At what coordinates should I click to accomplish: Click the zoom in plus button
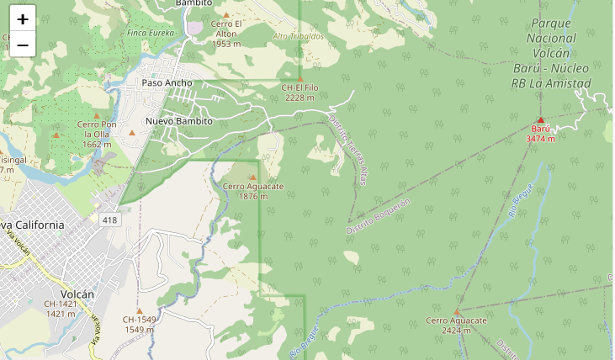[23, 19]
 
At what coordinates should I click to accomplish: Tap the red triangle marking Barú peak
[540, 119]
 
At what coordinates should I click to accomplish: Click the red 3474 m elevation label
[540, 138]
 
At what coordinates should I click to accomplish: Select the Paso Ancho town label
[167, 82]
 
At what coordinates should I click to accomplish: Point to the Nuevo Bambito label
[178, 121]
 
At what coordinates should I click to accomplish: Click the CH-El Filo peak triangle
[300, 78]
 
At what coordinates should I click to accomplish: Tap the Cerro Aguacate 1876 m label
[253, 191]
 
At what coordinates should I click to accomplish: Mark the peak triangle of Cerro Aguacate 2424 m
[457, 311]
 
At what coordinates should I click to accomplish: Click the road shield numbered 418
[109, 220]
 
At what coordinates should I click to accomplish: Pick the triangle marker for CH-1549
[140, 310]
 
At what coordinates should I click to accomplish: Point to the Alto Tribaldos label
[298, 36]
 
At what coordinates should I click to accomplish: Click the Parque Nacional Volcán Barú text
[551, 53]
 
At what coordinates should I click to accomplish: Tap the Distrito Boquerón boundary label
[379, 216]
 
